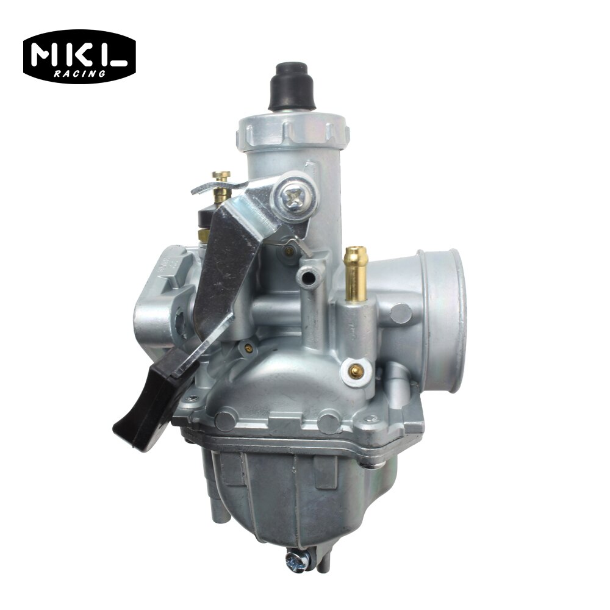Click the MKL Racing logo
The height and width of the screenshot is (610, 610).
pyautogui.click(x=79, y=57)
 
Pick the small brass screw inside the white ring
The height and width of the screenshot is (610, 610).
pyautogui.click(x=356, y=370)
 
